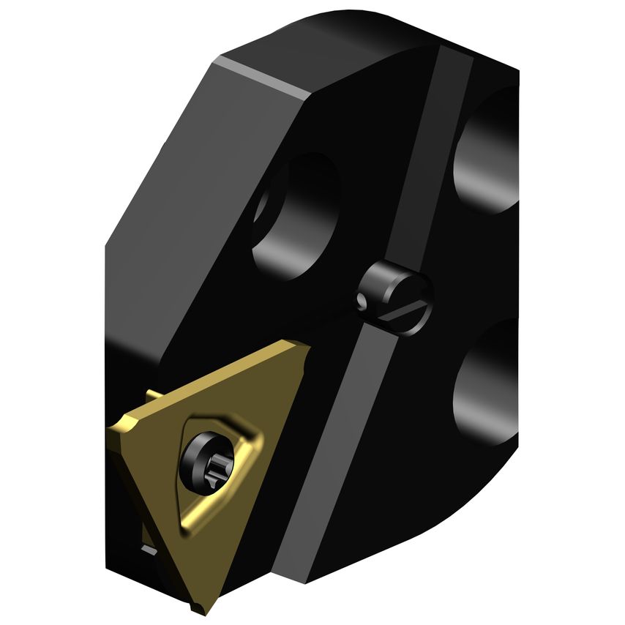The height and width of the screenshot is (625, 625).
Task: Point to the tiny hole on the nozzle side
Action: pos(359,300)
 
